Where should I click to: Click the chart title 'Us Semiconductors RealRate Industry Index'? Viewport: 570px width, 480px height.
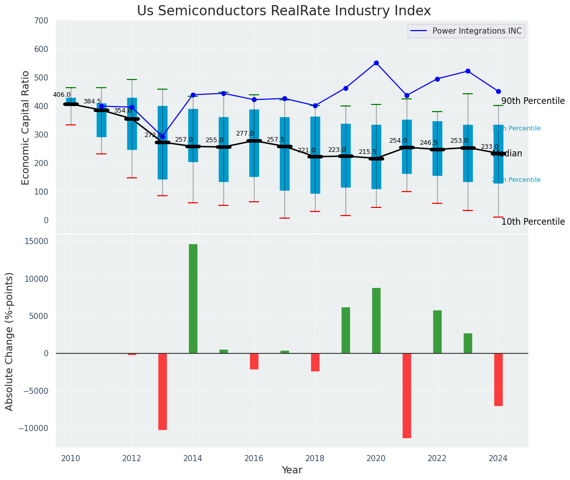click(283, 11)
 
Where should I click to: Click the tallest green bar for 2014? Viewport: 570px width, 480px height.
click(193, 299)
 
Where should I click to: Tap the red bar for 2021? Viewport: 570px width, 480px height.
click(407, 395)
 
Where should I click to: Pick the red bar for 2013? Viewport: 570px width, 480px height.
click(162, 391)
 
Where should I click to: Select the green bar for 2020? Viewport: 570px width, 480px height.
click(376, 321)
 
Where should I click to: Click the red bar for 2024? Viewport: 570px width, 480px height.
click(498, 380)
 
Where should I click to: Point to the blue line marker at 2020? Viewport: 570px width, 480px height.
click(376, 63)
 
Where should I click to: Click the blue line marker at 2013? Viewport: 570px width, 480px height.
click(162, 137)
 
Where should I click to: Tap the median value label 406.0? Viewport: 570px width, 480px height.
click(62, 95)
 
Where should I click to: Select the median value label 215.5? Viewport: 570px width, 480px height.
click(367, 152)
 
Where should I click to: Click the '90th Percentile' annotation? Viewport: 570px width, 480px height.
click(533, 101)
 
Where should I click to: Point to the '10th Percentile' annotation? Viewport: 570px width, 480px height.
click(533, 222)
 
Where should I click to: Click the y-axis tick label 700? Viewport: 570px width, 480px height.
click(41, 21)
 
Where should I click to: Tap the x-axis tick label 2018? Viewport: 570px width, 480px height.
click(315, 458)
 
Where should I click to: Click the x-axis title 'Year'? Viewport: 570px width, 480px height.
click(292, 470)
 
